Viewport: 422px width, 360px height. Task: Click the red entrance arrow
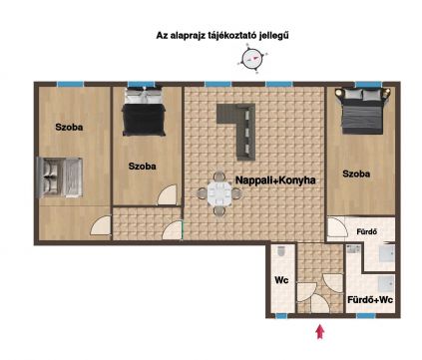(x=320, y=332)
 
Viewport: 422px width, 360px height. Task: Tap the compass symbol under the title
(x=252, y=59)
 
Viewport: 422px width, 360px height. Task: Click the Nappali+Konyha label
(x=275, y=180)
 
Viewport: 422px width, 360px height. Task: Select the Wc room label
(x=281, y=280)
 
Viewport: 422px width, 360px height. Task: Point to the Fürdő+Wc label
(x=370, y=300)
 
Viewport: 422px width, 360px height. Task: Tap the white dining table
(x=219, y=193)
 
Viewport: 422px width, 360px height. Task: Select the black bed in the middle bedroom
(x=145, y=112)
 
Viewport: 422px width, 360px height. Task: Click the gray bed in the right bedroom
(x=363, y=111)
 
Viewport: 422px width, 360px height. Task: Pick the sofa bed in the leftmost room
(x=59, y=178)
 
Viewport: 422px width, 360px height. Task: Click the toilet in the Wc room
(x=281, y=251)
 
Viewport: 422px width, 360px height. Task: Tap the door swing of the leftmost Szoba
(x=101, y=225)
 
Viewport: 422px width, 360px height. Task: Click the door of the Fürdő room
(x=337, y=227)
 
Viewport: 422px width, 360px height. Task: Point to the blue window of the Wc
(x=281, y=316)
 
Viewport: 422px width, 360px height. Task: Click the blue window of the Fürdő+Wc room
(x=365, y=316)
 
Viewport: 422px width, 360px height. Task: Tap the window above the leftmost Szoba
(x=70, y=84)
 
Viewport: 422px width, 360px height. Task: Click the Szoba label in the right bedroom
(x=356, y=174)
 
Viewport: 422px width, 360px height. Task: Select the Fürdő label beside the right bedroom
(x=367, y=231)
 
